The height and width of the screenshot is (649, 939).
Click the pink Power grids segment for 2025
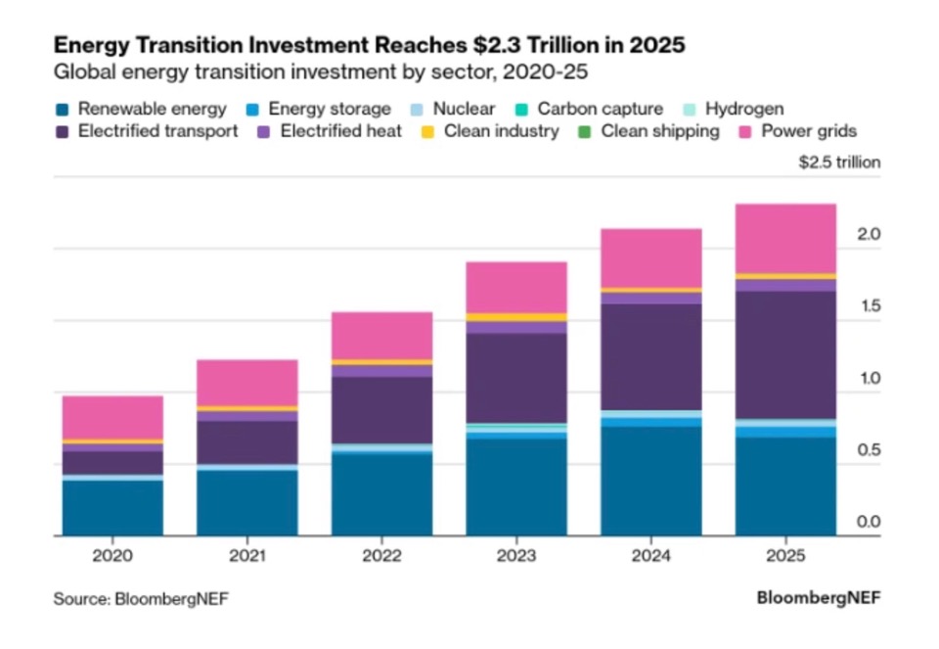point(785,239)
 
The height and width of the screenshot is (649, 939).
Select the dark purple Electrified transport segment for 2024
point(650,356)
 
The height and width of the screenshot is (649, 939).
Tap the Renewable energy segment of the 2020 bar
point(112,507)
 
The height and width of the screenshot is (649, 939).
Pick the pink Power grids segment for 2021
point(247,383)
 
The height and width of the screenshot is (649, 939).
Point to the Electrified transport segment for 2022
point(381,410)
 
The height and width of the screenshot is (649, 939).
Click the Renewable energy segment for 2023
point(516,487)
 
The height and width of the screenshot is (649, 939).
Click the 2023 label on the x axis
point(516,556)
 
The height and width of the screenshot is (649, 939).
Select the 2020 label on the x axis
point(112,556)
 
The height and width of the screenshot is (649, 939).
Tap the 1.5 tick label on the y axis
point(869,306)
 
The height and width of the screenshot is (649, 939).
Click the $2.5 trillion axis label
point(839,162)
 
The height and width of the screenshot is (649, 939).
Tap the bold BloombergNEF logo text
point(818,597)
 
